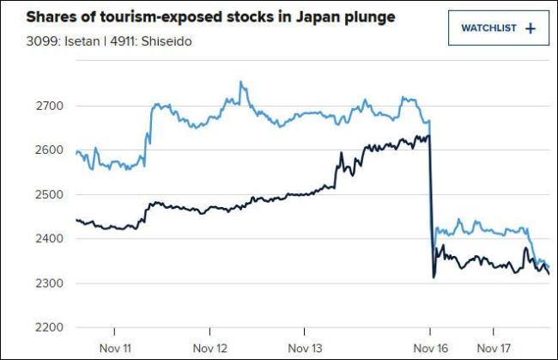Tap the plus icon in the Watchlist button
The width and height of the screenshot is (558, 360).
[x=530, y=28]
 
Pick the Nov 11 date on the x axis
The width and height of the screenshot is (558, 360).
[x=114, y=348]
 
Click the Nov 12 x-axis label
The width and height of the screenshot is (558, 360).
[x=210, y=348]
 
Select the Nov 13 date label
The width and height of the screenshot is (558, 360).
[x=304, y=348]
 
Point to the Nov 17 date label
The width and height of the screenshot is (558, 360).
[x=494, y=348]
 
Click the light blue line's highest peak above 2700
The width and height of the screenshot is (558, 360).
[x=240, y=82]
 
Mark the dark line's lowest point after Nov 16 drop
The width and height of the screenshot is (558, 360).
[x=434, y=277]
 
